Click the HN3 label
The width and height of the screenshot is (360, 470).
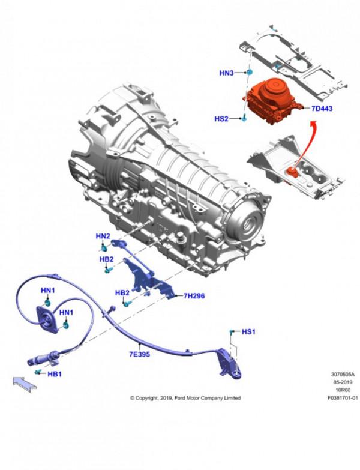pos(226,74)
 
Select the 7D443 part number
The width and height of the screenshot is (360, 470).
pos(322,109)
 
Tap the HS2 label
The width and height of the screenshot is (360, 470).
pos(221,119)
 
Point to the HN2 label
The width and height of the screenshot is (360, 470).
pos(103,236)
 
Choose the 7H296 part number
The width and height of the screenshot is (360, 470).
pos(194,296)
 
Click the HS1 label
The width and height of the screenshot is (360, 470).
pos(248,331)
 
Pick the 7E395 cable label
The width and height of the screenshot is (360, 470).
pos(139,354)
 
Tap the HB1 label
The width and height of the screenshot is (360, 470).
pos(55,374)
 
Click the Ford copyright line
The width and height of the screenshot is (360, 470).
pos(185,398)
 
